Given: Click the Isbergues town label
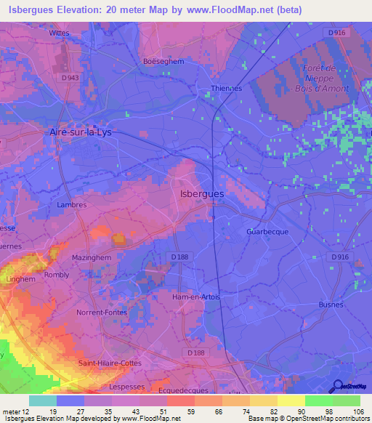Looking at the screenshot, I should click(201, 194).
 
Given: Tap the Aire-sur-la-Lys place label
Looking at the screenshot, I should click(84, 132).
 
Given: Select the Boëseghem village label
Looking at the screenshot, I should click(164, 62).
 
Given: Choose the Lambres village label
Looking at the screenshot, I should click(71, 205).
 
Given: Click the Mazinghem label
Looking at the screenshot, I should click(91, 257).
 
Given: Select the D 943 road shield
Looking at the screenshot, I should click(70, 78).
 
